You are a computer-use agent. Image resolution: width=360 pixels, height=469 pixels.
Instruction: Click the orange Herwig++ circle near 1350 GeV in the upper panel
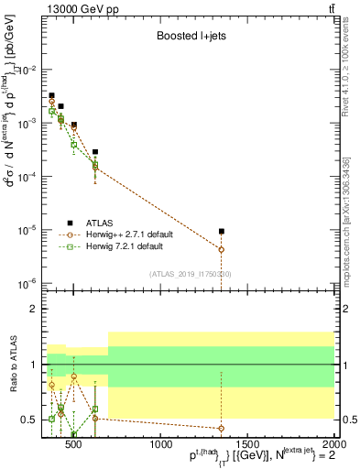[x=221, y=249]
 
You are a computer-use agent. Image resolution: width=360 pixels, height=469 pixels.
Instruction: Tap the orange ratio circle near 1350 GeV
[x=221, y=428]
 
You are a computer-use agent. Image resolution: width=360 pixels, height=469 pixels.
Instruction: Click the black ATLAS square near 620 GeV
[x=95, y=152]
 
